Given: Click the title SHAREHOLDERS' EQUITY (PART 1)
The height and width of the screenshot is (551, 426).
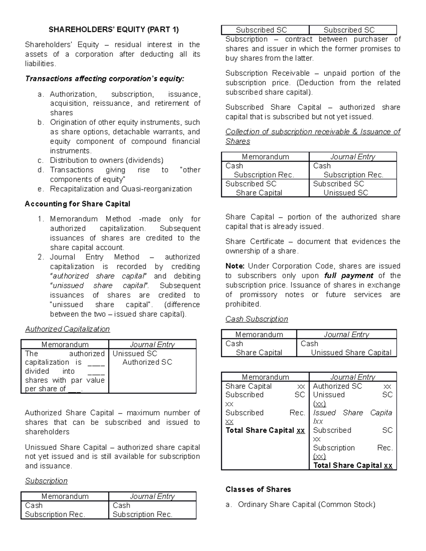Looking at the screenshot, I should pyautogui.click(x=114, y=29).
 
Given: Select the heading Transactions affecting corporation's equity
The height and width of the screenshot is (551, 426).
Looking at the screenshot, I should pyautogui.click(x=105, y=79).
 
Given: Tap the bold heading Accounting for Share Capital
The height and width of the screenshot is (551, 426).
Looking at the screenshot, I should pyautogui.click(x=77, y=204).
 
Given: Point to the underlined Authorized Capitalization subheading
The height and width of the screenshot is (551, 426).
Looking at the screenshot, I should pyautogui.click(x=67, y=329).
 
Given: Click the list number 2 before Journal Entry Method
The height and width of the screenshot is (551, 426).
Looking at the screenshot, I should pyautogui.click(x=40, y=257).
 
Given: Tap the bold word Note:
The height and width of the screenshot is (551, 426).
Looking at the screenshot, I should pyautogui.click(x=235, y=266).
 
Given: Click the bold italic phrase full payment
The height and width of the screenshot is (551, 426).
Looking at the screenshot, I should pyautogui.click(x=349, y=276).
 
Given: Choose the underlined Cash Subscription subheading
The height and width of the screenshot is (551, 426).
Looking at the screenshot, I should pyautogui.click(x=257, y=319).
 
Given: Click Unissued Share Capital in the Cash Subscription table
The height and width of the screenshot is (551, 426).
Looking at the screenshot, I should pyautogui.click(x=351, y=353).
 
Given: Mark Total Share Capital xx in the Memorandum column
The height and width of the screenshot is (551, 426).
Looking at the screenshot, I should pyautogui.click(x=265, y=430).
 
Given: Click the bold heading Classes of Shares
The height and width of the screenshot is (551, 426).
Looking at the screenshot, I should pyautogui.click(x=258, y=490).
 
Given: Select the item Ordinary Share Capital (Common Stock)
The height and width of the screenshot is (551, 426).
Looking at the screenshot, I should pyautogui.click(x=306, y=505).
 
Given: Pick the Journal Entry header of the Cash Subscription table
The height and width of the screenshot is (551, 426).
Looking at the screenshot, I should pyautogui.click(x=346, y=335).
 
